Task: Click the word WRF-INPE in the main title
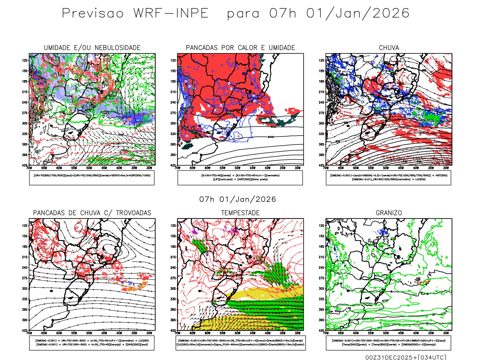click(x=171, y=13)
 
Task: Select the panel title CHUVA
click(x=389, y=48)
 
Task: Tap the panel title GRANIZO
click(x=389, y=213)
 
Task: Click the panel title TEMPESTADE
click(x=240, y=213)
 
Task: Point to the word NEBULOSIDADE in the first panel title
click(x=118, y=48)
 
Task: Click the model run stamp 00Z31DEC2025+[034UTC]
click(x=406, y=357)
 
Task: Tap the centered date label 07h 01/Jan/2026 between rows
click(x=238, y=199)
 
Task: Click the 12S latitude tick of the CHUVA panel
click(x=322, y=60)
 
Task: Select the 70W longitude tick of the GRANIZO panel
click(x=326, y=333)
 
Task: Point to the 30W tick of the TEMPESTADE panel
click(x=298, y=333)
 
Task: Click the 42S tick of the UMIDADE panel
click(x=25, y=165)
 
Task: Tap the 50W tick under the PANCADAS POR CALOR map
click(x=238, y=168)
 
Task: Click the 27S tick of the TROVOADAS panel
click(x=25, y=278)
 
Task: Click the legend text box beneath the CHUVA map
click(x=388, y=178)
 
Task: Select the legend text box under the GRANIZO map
click(x=388, y=343)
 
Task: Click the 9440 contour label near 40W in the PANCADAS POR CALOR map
click(x=271, y=137)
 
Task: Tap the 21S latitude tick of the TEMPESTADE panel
click(x=173, y=257)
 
